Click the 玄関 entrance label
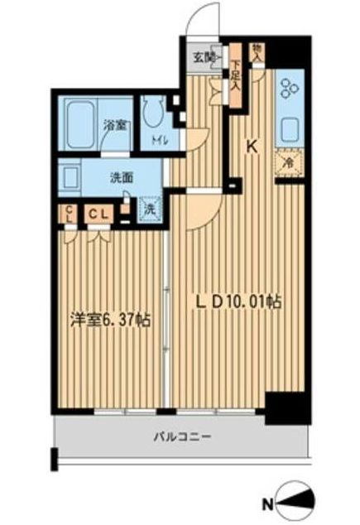206,57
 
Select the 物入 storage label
257,51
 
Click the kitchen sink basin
292,130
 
